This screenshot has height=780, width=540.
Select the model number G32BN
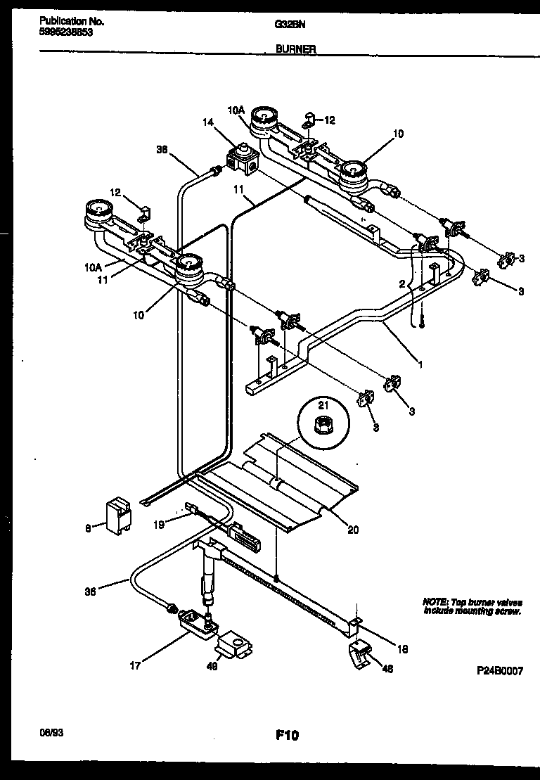click(x=284, y=23)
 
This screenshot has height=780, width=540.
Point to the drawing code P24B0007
click(x=500, y=671)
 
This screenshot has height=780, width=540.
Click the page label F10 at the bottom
click(x=286, y=736)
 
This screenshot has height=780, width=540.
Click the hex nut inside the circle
click(x=325, y=425)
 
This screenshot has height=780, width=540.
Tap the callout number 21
click(x=324, y=405)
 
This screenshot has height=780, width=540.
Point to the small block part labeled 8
click(x=117, y=513)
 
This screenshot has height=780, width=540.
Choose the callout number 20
click(x=353, y=530)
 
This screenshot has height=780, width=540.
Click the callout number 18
click(x=402, y=649)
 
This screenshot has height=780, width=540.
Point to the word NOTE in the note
click(x=435, y=602)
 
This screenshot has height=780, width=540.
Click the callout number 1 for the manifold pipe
click(x=420, y=364)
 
